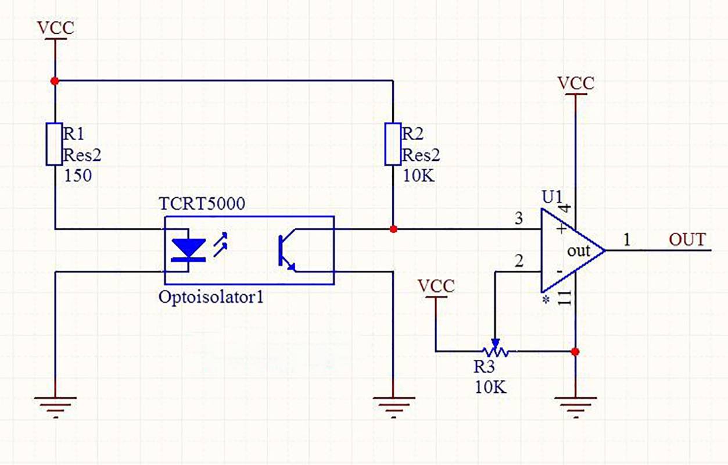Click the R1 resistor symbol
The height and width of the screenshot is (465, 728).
[55, 144]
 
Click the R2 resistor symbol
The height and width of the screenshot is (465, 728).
[393, 144]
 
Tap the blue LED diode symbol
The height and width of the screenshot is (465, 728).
[188, 250]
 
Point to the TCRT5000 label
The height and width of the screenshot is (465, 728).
[202, 205]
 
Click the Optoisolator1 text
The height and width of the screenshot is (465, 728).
[211, 297]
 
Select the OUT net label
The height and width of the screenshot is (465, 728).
[687, 239]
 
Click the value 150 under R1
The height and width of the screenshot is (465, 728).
[77, 176]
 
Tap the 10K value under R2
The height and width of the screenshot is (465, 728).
[417, 176]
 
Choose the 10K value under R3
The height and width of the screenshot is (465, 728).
[490, 387]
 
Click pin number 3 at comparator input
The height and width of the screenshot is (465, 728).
[518, 219]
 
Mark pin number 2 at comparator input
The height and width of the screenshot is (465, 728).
[518, 261]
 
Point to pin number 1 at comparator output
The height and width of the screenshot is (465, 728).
[627, 239]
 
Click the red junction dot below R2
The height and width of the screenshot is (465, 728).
[393, 229]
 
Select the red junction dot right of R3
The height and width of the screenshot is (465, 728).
[575, 352]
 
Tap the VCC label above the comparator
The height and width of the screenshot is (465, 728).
[575, 83]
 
